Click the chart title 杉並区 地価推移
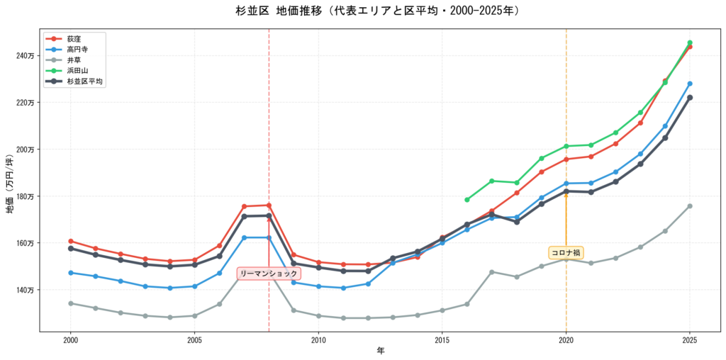pyautogui.click(x=378, y=11)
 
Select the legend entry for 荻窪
pyautogui.click(x=74, y=38)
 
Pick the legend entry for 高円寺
pyautogui.click(x=77, y=50)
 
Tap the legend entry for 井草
pyautogui.click(x=74, y=60)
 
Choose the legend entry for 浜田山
pyautogui.click(x=77, y=71)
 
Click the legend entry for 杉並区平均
pyautogui.click(x=85, y=81)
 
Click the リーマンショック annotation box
pyautogui.click(x=269, y=274)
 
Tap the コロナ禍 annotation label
pyautogui.click(x=566, y=253)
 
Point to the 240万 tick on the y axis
pyautogui.click(x=25, y=56)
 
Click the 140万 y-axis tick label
pyautogui.click(x=25, y=290)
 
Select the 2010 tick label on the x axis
pyautogui.click(x=318, y=340)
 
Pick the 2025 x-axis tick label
pyautogui.click(x=690, y=340)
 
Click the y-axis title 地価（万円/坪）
pyautogui.click(x=9, y=180)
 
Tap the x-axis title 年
pyautogui.click(x=380, y=351)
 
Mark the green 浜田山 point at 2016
pyautogui.click(x=467, y=200)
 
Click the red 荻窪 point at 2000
pyautogui.click(x=71, y=242)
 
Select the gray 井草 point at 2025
pyautogui.click(x=690, y=206)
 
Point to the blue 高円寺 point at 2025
pyautogui.click(x=690, y=84)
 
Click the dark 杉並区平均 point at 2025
pyautogui.click(x=690, y=98)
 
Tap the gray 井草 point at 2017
pyautogui.click(x=491, y=272)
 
